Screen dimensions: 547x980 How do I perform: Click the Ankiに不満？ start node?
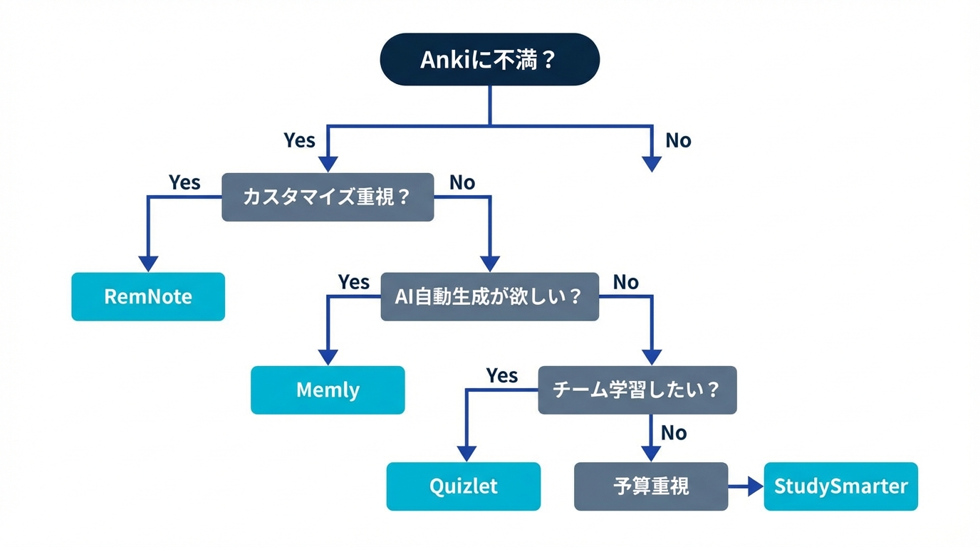(x=489, y=59)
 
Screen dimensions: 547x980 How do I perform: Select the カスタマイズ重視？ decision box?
(x=328, y=197)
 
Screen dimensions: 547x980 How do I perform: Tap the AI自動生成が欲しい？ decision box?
(x=489, y=296)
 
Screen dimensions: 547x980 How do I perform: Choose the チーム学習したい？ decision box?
(x=637, y=390)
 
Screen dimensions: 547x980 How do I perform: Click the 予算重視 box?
(x=651, y=486)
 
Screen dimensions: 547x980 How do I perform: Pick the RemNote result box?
(x=148, y=296)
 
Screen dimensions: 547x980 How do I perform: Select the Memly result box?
(x=328, y=390)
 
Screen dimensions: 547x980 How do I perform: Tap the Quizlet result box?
(x=464, y=486)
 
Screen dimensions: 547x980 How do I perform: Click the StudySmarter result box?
(x=840, y=486)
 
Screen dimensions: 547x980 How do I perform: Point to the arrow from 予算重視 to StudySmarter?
(x=746, y=486)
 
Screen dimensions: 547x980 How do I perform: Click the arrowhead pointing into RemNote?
(x=148, y=263)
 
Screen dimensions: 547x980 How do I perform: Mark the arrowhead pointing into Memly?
(x=328, y=357)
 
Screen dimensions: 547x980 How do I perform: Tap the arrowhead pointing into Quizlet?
(x=466, y=453)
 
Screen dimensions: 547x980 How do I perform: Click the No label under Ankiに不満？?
(x=678, y=140)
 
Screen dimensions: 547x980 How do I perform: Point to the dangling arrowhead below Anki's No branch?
(x=652, y=164)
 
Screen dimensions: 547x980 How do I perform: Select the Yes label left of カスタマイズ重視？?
(x=184, y=182)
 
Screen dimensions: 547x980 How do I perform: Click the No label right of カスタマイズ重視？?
(x=462, y=182)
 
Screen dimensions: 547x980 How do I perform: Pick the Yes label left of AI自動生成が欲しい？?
(x=353, y=282)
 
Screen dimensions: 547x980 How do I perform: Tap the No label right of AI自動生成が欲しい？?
(x=625, y=282)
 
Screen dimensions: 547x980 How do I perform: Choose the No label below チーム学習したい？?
(x=673, y=432)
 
